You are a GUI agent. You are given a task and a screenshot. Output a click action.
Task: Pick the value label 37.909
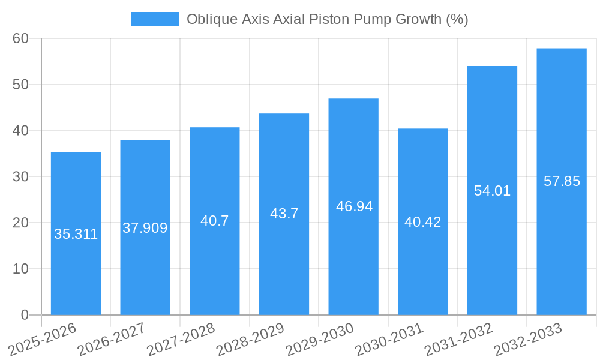[x=145, y=228]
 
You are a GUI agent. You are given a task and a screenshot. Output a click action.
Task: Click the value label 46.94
[x=354, y=206]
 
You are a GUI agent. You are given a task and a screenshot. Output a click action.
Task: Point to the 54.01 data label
[x=492, y=191]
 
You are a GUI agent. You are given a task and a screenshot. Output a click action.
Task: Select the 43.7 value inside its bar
[x=284, y=214]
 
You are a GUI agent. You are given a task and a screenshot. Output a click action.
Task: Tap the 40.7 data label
[x=214, y=221]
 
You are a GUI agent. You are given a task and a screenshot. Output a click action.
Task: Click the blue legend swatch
[x=155, y=19]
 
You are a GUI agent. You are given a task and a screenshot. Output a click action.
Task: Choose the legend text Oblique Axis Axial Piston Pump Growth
[x=327, y=19]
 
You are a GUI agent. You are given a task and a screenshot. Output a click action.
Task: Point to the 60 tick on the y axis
[x=21, y=38]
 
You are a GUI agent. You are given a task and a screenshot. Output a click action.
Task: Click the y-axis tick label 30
[x=21, y=176]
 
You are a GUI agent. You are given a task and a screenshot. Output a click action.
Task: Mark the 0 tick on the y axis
[x=25, y=314]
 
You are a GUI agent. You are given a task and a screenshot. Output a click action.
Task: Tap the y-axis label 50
[x=21, y=85]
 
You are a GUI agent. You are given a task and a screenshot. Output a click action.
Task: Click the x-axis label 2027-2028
[x=179, y=339]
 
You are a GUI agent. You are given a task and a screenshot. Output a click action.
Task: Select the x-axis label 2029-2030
[x=319, y=339]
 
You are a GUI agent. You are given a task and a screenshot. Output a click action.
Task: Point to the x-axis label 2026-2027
[x=110, y=339]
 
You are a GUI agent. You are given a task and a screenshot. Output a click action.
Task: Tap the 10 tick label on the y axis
[x=21, y=269]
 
